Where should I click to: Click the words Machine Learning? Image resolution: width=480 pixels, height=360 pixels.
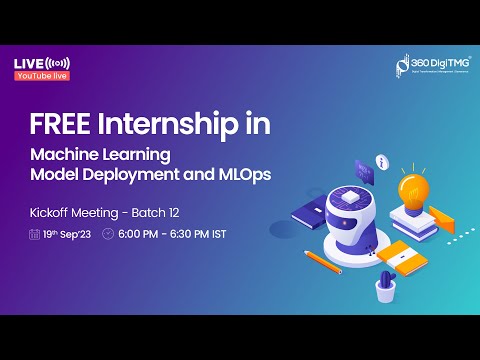100,156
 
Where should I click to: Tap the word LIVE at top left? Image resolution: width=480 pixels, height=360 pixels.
28,63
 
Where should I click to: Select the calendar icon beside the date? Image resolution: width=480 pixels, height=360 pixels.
34,234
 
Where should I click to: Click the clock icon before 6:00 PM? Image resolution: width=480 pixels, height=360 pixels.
108,234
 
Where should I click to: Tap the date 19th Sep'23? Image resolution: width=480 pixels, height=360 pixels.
67,234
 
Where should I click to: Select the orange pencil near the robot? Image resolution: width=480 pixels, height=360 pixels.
323,261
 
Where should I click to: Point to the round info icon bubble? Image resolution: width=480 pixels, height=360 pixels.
380,161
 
